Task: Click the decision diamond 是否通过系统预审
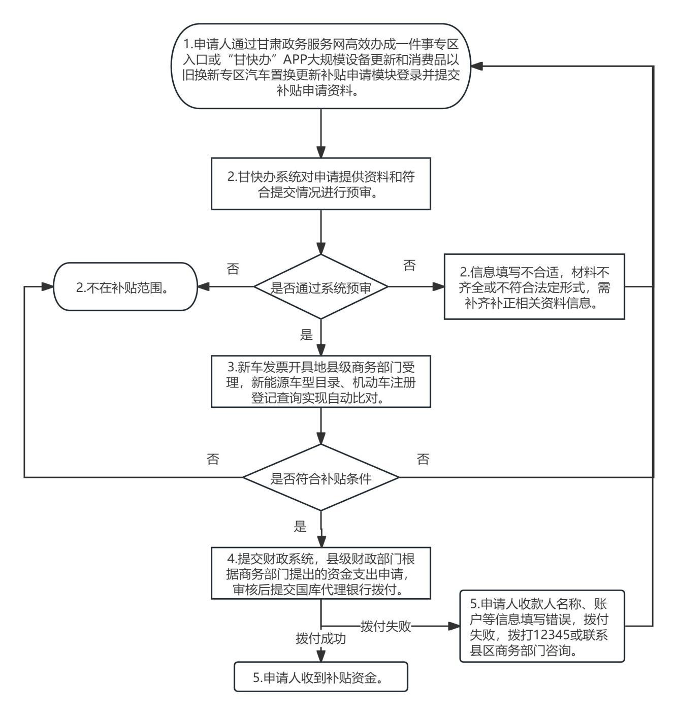pyautogui.click(x=321, y=287)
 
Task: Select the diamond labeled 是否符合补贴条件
pyautogui.click(x=321, y=477)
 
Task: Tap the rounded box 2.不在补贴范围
pyautogui.click(x=125, y=287)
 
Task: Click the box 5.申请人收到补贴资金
pyautogui.click(x=321, y=677)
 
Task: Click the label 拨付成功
pyautogui.click(x=321, y=639)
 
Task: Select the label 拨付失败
pyautogui.click(x=385, y=626)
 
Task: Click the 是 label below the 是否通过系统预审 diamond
pyautogui.click(x=307, y=334)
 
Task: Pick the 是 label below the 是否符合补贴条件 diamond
pyautogui.click(x=301, y=526)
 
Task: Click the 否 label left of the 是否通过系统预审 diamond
pyautogui.click(x=233, y=269)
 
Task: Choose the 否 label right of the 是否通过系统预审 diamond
pyautogui.click(x=409, y=265)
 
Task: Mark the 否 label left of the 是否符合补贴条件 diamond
pyautogui.click(x=213, y=459)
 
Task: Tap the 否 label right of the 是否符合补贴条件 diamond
pyautogui.click(x=423, y=459)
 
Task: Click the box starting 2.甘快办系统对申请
pyautogui.click(x=321, y=184)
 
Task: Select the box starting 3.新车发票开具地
pyautogui.click(x=321, y=381)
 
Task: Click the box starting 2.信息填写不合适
pyautogui.click(x=534, y=286)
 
